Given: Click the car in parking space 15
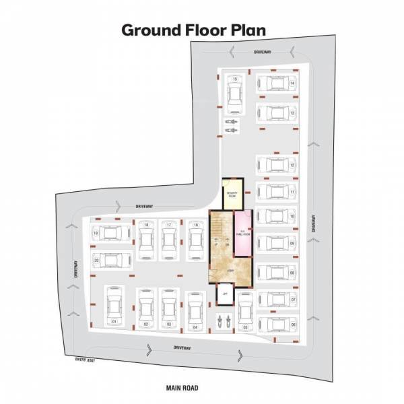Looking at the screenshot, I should [234, 94].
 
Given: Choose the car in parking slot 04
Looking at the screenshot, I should [195, 312].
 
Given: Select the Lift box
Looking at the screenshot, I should [224, 294].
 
